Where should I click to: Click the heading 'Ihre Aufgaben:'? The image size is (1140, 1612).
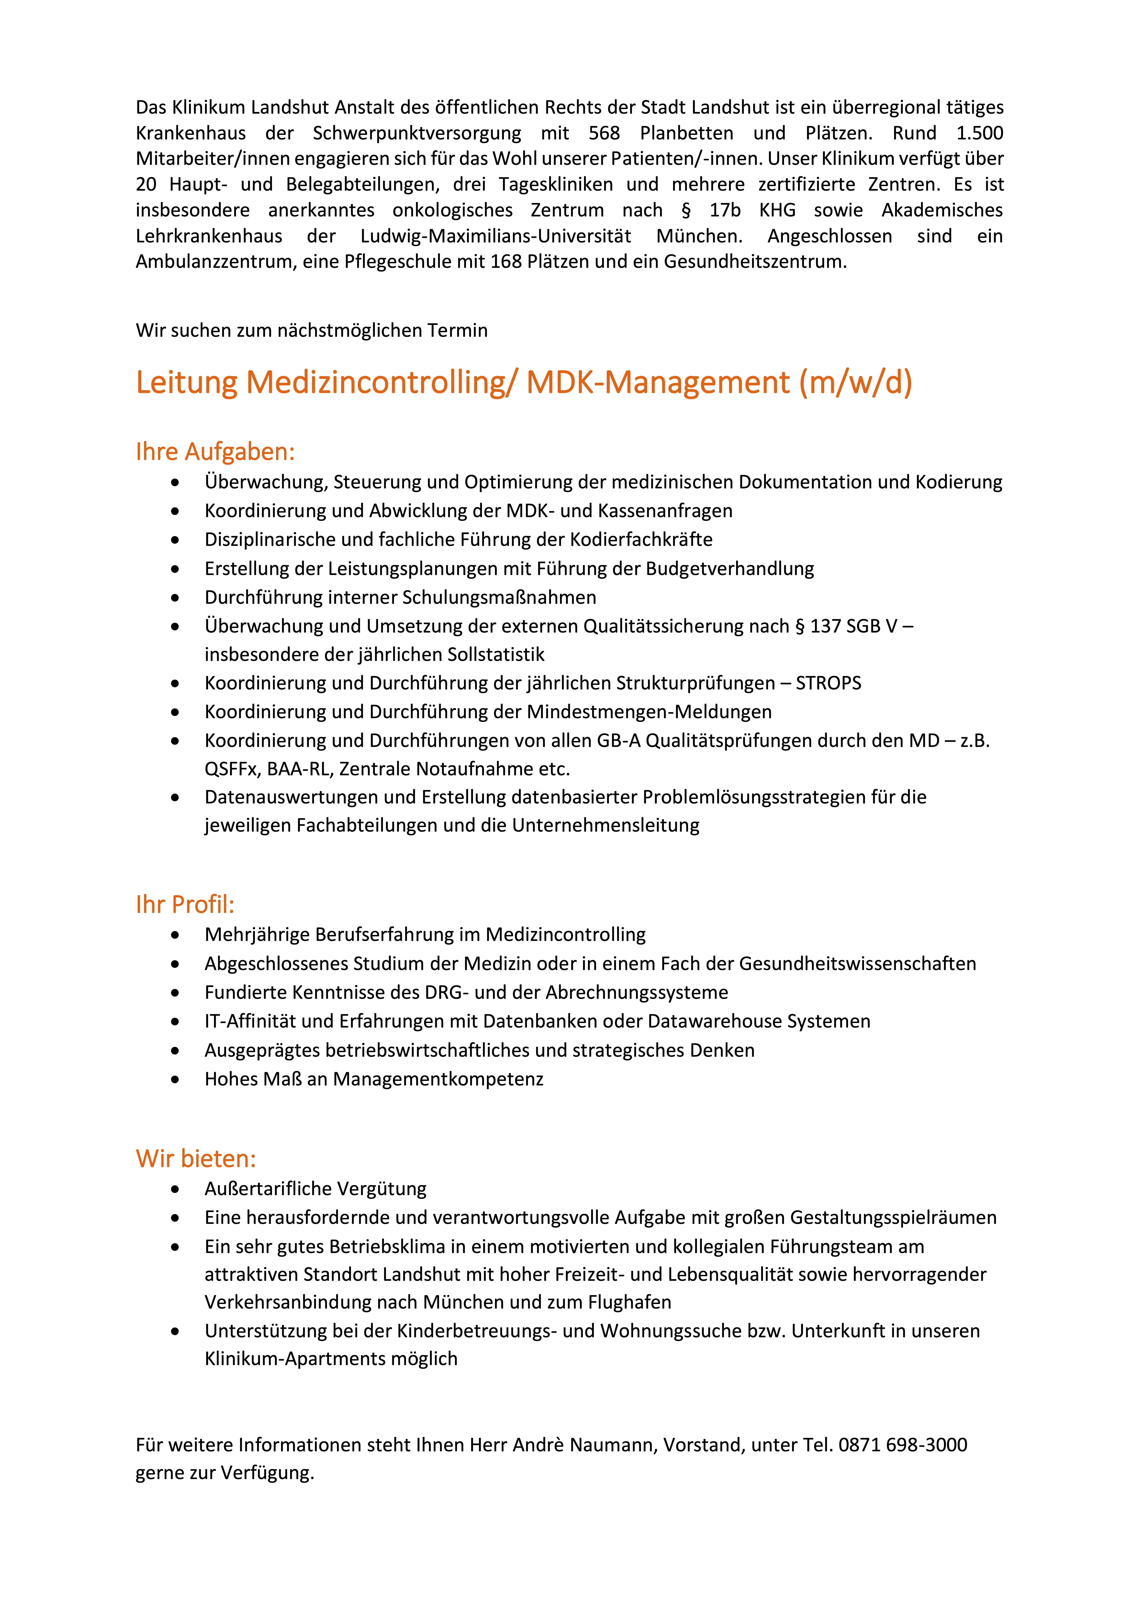tap(215, 452)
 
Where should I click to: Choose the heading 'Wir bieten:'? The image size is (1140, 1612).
tap(196, 1159)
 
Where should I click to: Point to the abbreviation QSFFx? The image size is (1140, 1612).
tap(232, 770)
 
